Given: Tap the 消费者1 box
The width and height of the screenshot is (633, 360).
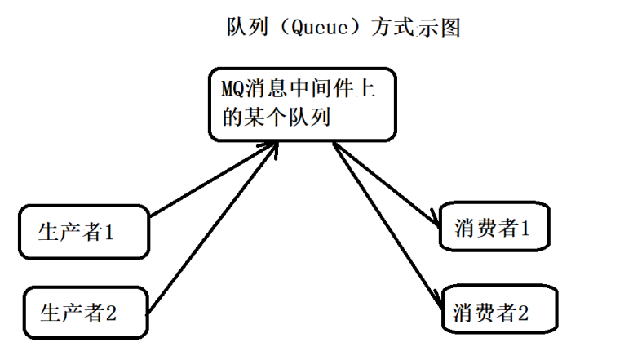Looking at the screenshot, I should (x=492, y=229).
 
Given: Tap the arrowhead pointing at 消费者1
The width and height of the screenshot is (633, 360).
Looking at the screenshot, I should (x=432, y=217).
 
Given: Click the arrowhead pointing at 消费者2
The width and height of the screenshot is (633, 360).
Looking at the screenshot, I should (x=441, y=298).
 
